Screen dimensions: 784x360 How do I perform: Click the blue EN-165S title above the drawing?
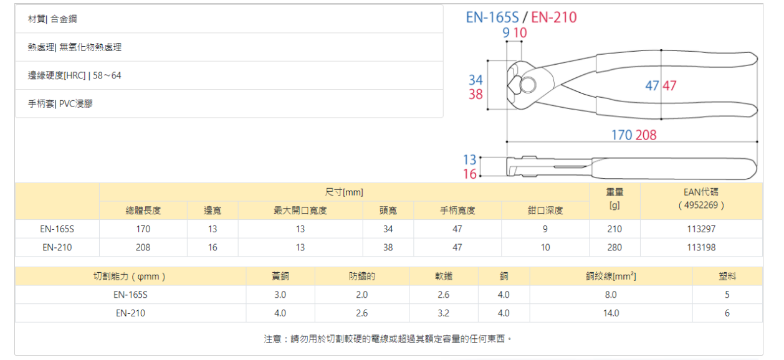(x=492, y=17)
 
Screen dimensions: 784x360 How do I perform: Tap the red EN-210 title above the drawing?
(x=554, y=17)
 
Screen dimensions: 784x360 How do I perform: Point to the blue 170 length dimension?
(x=621, y=135)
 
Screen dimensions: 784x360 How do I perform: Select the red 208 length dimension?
(x=646, y=135)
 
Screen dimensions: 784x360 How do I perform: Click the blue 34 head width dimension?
(x=476, y=80)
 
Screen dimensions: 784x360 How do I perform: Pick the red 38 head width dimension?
(x=476, y=95)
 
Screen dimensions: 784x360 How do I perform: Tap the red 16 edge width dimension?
(x=469, y=174)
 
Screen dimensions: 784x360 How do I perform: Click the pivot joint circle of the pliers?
(x=528, y=83)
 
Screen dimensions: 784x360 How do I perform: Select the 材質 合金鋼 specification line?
(x=52, y=19)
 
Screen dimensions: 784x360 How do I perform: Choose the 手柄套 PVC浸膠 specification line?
(x=60, y=103)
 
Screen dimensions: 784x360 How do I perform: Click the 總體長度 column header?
(x=143, y=211)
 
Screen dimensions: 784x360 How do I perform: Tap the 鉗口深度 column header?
(x=545, y=211)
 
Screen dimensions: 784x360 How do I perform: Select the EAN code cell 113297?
(x=701, y=229)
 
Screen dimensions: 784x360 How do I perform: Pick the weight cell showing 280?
(x=614, y=247)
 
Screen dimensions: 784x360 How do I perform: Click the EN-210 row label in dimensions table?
(x=57, y=247)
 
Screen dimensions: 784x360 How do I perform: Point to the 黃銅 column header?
(x=280, y=277)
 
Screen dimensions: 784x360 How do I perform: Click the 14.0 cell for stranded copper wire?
(x=611, y=313)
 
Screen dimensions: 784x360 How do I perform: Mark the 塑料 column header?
(x=727, y=277)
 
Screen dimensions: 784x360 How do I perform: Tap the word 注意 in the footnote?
(x=272, y=339)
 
